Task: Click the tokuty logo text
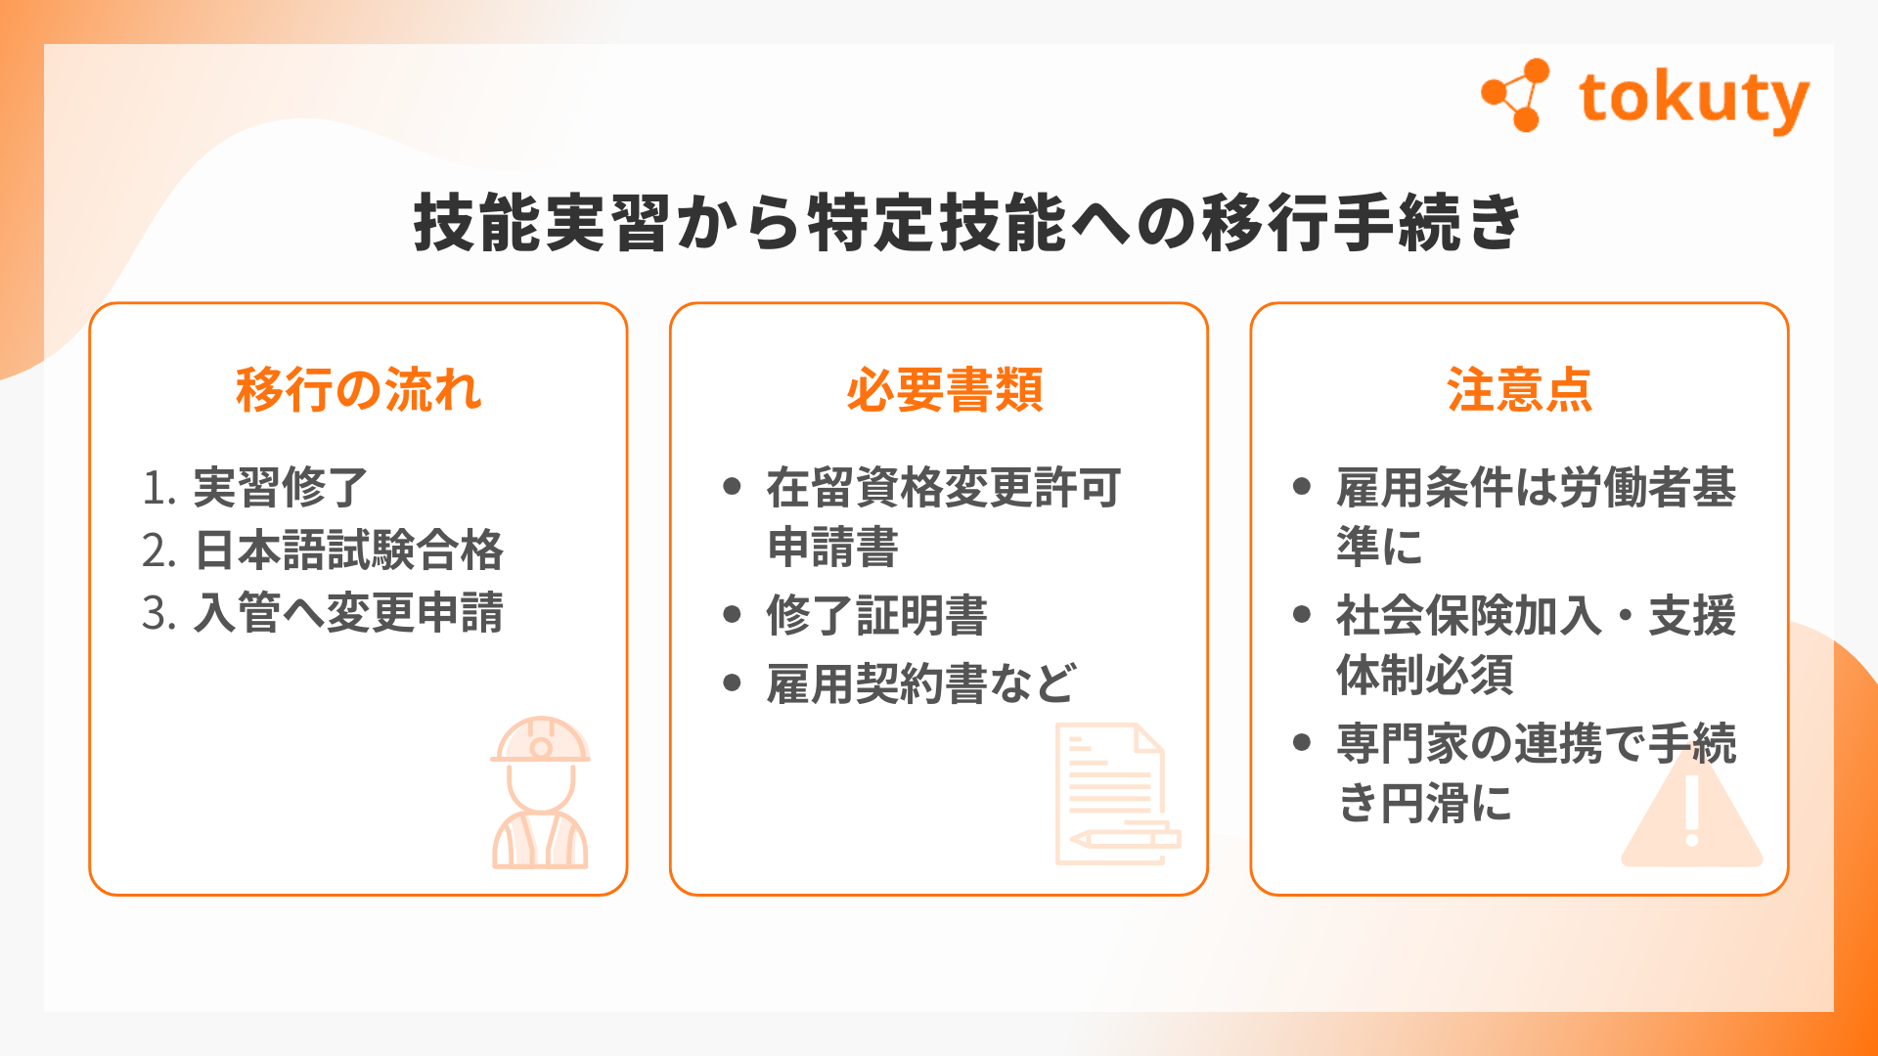click(1693, 101)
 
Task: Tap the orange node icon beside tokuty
click(1516, 95)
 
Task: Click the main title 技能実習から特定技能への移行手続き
click(967, 222)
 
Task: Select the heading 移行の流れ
click(358, 389)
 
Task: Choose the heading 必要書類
click(945, 389)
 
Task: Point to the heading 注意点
click(1519, 389)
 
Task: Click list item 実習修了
click(280, 488)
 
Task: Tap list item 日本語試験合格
click(348, 550)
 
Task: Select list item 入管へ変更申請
click(348, 613)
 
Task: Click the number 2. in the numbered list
click(158, 551)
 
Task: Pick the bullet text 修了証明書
click(876, 616)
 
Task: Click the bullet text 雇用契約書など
click(921, 683)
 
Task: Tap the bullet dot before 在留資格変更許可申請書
click(732, 486)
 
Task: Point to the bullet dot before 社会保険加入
click(1301, 614)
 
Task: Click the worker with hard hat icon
click(540, 792)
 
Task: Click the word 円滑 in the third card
click(1424, 804)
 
